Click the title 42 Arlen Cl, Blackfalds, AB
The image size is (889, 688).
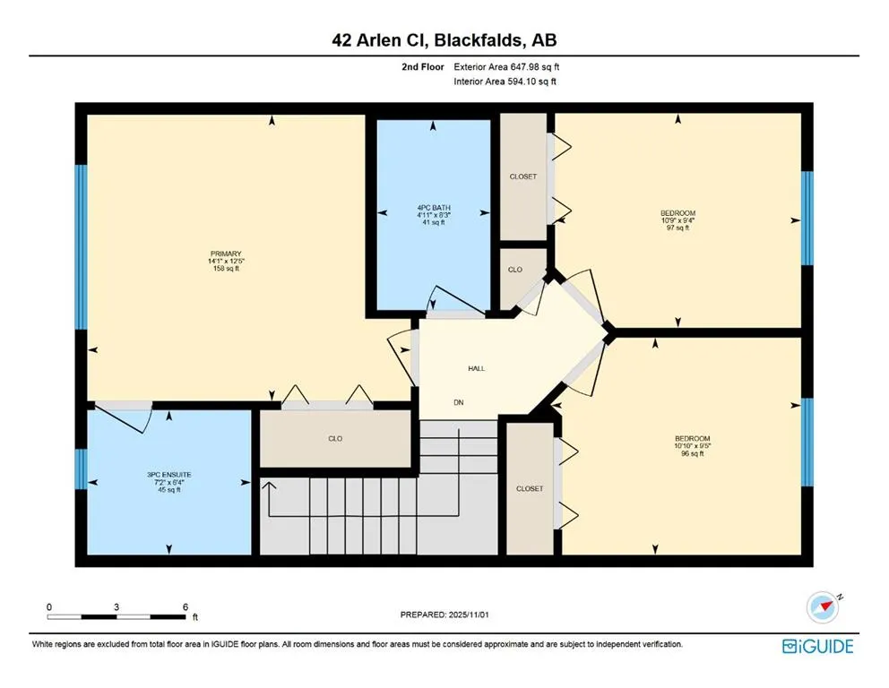tap(444, 39)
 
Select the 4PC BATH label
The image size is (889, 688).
tap(433, 207)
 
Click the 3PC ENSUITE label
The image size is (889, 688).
tap(170, 474)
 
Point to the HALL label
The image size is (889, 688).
tap(476, 368)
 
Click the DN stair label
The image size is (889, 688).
tap(458, 403)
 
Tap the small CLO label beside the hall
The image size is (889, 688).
tap(515, 270)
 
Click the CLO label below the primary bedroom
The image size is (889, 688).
tap(335, 439)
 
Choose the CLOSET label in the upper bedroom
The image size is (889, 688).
tap(522, 176)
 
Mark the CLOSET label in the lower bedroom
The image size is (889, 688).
tap(529, 489)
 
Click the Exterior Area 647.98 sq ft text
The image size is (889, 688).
tap(507, 66)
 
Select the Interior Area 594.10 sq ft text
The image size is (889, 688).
tap(505, 82)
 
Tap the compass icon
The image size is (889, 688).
tap(822, 607)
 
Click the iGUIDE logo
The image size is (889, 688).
tap(817, 646)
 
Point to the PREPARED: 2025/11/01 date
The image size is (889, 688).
tap(444, 615)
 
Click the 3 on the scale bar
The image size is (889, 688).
tap(117, 606)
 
